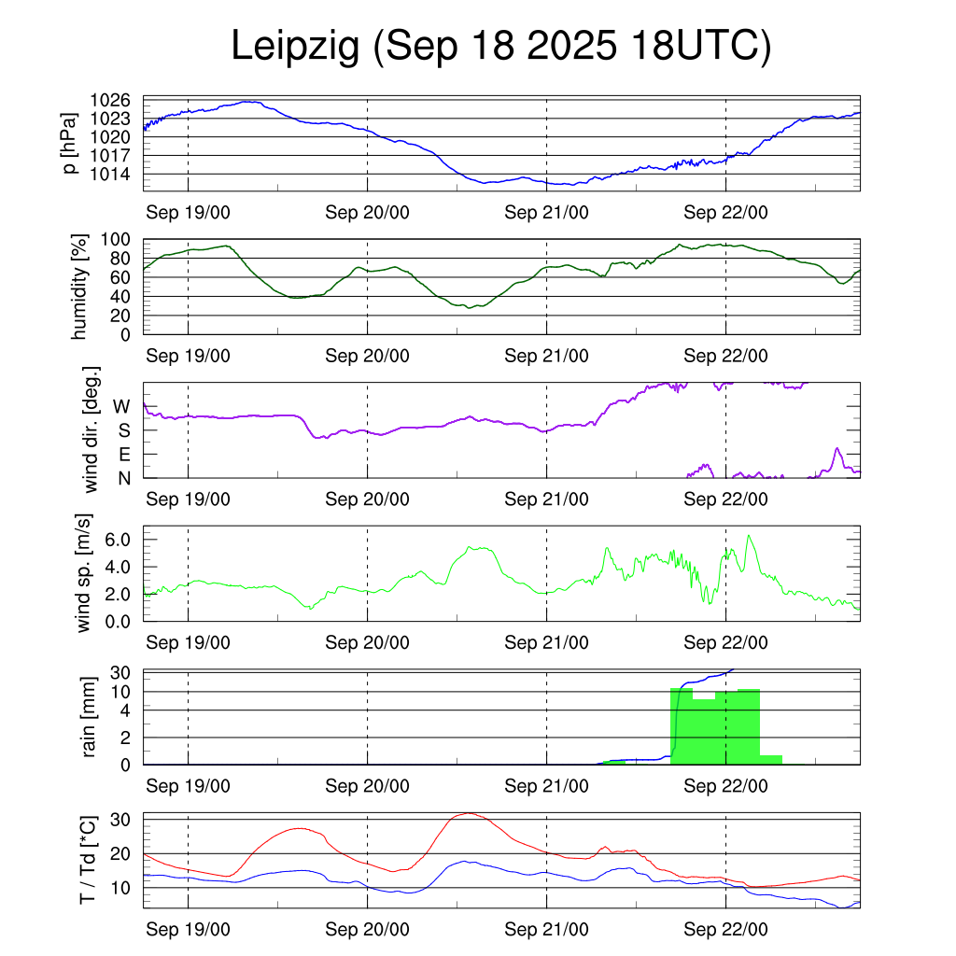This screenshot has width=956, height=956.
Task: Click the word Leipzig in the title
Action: coord(295,49)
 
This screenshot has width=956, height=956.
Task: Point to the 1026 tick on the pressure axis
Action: coord(110,100)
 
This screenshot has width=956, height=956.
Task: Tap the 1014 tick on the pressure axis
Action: coord(110,174)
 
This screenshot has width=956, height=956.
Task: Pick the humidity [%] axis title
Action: coord(81,287)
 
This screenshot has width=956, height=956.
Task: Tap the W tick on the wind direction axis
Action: coord(122,406)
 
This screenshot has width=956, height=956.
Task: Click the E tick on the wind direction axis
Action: coord(124,455)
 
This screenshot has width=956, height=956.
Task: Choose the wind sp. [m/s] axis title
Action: coord(85,573)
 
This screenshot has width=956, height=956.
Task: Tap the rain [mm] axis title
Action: coord(91,717)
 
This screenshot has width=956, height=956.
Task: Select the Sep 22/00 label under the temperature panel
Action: coord(725,930)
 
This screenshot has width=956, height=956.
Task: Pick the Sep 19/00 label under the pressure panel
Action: coord(188,213)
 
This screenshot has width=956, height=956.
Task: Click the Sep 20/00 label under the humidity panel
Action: coord(367,356)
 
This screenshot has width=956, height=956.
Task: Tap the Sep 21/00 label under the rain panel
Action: coord(546,787)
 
